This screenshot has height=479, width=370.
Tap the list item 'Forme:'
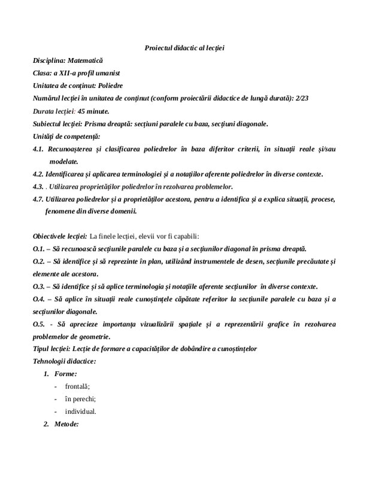[x=65, y=374]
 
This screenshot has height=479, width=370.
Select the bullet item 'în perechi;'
[x=80, y=399]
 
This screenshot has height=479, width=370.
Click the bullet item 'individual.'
[x=80, y=411]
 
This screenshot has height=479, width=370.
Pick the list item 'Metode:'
[x=66, y=424]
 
